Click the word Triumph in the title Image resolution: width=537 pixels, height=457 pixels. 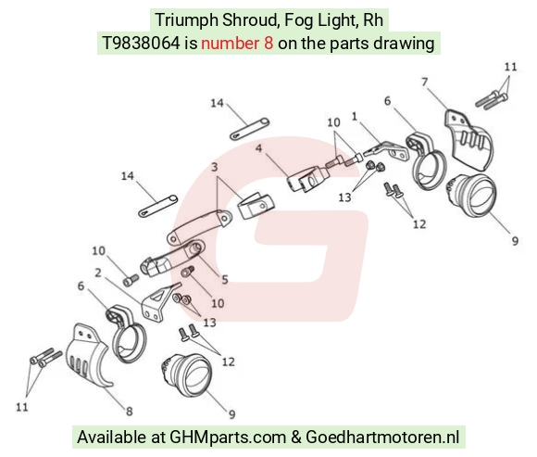click(x=186, y=20)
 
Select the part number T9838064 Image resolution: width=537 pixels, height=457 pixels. click(x=141, y=44)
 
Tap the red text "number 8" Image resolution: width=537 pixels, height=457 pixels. click(x=237, y=44)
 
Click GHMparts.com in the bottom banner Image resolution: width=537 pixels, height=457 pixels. click(x=228, y=438)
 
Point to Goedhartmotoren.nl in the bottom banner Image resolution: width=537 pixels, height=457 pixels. click(x=382, y=438)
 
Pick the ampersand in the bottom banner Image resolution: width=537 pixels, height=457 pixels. click(x=296, y=438)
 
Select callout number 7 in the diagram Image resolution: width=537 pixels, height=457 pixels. click(x=425, y=83)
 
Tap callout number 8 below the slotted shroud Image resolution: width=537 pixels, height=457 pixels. click(x=129, y=411)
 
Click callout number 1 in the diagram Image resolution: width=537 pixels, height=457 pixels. click(x=355, y=117)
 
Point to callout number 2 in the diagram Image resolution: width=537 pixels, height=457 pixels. click(x=98, y=273)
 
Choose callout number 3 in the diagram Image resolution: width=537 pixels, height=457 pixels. click(x=215, y=167)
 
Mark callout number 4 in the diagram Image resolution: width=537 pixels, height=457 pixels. click(x=258, y=148)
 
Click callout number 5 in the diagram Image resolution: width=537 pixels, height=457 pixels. click(x=225, y=279)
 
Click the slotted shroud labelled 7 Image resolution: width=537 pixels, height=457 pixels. click(x=468, y=141)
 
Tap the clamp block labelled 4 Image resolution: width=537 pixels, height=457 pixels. click(x=306, y=178)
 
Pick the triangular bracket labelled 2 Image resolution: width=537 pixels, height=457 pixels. click(x=158, y=302)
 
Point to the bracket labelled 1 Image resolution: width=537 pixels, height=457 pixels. click(x=386, y=151)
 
